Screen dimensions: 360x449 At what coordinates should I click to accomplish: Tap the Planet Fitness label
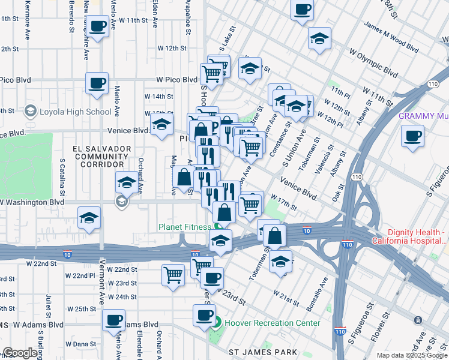[x=184, y=227]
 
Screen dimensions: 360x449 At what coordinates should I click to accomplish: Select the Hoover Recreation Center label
[x=272, y=323]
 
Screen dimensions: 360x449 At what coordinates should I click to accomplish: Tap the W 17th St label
[x=283, y=202]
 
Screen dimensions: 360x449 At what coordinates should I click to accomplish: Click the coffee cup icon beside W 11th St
[x=99, y=26]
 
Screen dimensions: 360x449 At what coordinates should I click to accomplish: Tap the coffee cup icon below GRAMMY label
[x=412, y=136]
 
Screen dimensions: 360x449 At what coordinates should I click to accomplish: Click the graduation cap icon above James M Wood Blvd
[x=320, y=39]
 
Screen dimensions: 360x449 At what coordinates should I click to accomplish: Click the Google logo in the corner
[x=20, y=353]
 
